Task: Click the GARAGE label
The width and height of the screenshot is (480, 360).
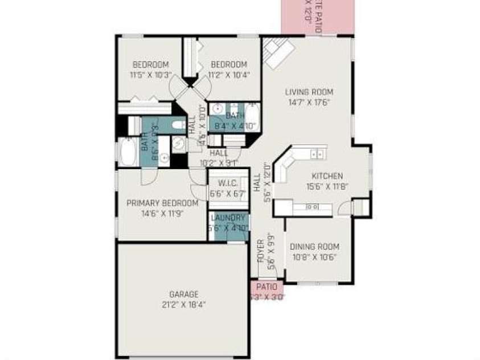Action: [x=183, y=294]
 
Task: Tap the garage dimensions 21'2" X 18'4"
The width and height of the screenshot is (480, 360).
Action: [x=183, y=304]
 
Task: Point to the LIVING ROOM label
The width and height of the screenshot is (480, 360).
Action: [x=309, y=92]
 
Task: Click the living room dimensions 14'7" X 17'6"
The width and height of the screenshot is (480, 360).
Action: [x=309, y=103]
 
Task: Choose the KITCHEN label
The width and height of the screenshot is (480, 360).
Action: [x=327, y=176]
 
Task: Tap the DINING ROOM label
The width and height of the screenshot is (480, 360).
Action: [x=314, y=247]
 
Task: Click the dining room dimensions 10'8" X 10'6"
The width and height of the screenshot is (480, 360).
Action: [x=314, y=256]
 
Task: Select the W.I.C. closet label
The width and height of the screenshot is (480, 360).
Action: [x=227, y=183]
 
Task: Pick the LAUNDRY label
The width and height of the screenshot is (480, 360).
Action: [x=228, y=218]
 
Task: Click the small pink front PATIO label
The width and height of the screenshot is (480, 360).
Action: [x=266, y=287]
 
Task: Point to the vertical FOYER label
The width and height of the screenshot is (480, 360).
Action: [x=261, y=251]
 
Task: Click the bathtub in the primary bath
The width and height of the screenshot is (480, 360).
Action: [x=128, y=153]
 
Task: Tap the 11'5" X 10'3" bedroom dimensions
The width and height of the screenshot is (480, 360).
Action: [x=150, y=74]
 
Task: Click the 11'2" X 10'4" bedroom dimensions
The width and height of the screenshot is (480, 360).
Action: [x=228, y=74]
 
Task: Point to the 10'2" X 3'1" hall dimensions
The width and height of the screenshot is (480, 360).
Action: [x=219, y=162]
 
